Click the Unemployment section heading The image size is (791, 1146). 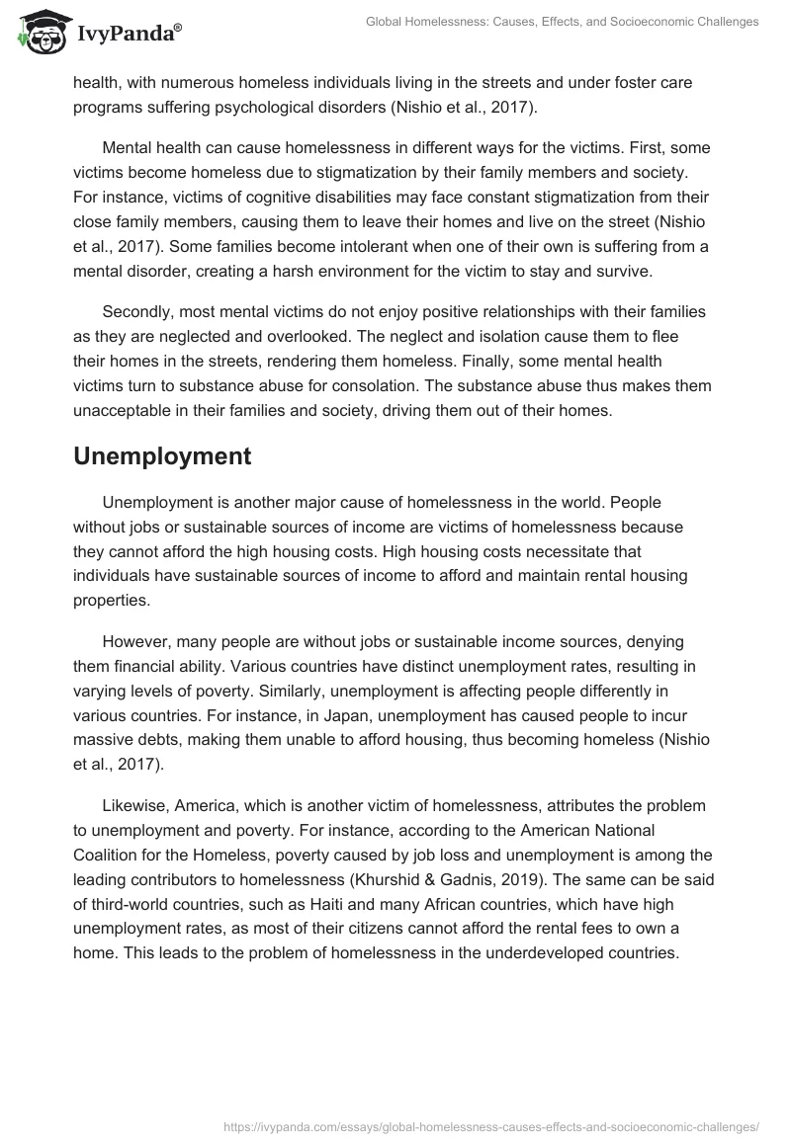pyautogui.click(x=162, y=455)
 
